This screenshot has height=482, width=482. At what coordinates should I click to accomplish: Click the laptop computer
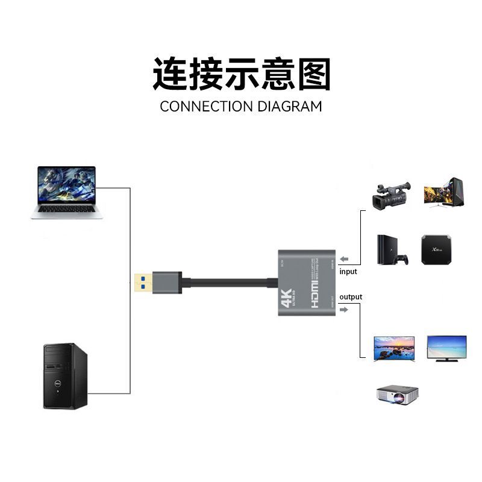(x=66, y=192)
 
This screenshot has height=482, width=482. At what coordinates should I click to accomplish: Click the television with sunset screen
(x=395, y=349)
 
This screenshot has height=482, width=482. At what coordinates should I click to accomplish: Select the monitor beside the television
(x=446, y=349)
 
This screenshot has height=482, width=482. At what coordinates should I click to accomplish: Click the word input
(x=348, y=272)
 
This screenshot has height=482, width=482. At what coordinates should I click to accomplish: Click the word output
(x=351, y=297)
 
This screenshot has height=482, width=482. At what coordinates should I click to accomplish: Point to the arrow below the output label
(x=343, y=310)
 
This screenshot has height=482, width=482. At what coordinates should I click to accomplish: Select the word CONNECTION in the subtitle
(x=206, y=107)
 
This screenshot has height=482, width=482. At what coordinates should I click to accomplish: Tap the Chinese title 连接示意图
(x=241, y=74)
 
